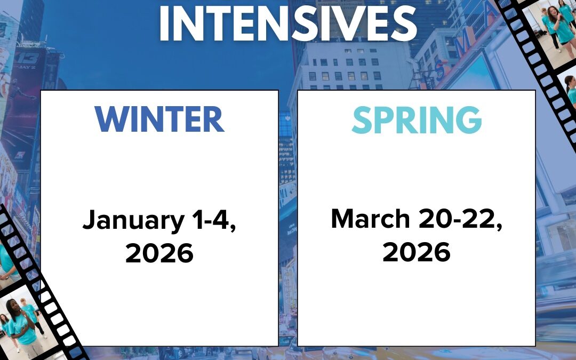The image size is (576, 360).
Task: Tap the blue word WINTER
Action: coord(159,119)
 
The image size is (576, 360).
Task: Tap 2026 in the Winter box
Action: coord(159,253)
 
